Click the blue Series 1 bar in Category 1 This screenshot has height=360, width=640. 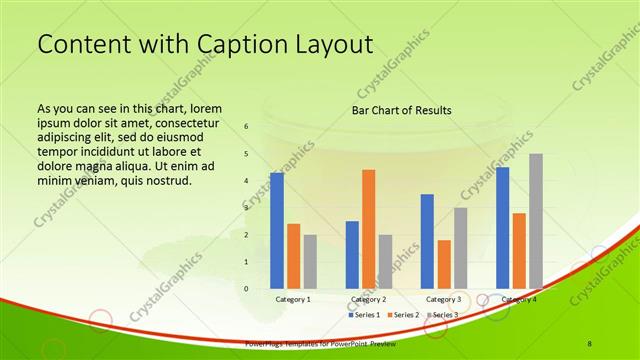click(277, 231)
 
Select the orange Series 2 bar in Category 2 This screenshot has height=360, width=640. click(368, 229)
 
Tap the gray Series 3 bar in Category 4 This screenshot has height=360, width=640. click(536, 221)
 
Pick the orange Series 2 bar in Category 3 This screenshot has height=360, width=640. click(443, 264)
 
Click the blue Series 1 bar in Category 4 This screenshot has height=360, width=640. click(502, 228)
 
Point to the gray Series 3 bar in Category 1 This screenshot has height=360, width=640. click(310, 261)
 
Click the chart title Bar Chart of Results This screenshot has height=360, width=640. click(401, 110)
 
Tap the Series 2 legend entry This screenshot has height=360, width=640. click(403, 314)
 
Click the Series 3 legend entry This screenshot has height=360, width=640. click(443, 314)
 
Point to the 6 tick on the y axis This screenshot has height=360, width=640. click(246, 127)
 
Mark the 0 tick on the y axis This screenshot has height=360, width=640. click(246, 288)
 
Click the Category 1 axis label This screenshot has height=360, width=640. click(293, 299)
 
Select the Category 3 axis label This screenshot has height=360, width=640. click(443, 299)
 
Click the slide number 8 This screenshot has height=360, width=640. click(590, 343)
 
